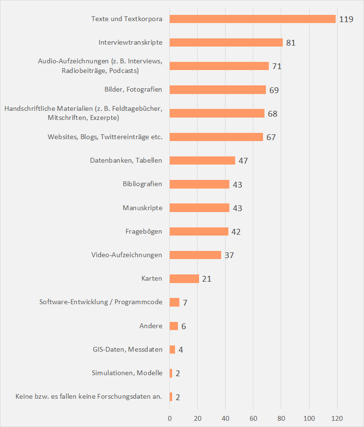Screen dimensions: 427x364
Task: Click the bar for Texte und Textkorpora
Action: coord(252,19)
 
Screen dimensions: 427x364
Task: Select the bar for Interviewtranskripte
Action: coord(226,43)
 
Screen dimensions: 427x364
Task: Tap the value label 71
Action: coord(276,66)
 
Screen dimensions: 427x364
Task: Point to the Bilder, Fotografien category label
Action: coord(133,90)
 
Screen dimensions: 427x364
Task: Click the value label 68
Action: coord(273,114)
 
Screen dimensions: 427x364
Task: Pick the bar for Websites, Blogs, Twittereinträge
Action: coord(216,137)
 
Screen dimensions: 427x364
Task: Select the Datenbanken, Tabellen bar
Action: coord(202,161)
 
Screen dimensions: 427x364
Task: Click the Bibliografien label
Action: coord(142,184)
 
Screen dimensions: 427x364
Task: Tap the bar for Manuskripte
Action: coord(200,208)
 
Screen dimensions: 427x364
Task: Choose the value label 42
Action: coord(236,232)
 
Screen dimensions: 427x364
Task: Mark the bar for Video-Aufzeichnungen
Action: coord(195,255)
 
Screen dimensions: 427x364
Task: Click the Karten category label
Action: coord(151,279)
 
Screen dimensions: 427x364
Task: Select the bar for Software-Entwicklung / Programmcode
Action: coord(175,302)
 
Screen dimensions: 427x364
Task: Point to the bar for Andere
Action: coord(174,326)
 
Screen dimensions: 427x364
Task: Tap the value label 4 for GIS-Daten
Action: coord(180,350)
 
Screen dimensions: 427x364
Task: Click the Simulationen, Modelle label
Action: coord(127,373)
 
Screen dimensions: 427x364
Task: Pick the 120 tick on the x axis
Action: coord(337,418)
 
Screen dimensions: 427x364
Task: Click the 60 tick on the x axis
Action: coord(253,418)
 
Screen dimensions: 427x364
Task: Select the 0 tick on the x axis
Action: coord(170,418)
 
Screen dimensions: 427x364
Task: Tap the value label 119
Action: coord(346,20)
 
